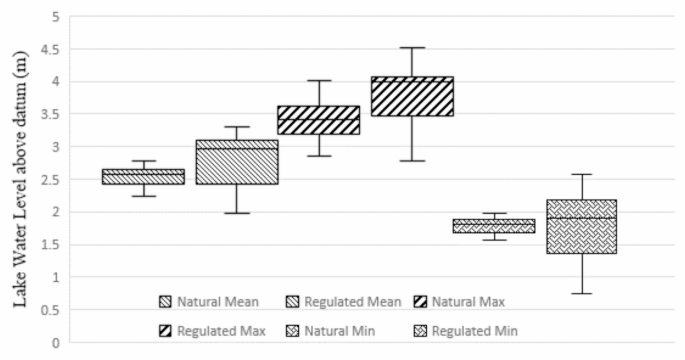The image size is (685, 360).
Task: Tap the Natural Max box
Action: tap(319, 120)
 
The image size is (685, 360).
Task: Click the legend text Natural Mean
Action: tap(218, 301)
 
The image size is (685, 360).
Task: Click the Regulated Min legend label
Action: tap(475, 329)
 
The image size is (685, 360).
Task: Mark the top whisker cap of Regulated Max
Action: tap(412, 47)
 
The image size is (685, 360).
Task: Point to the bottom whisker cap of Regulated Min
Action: tap(581, 293)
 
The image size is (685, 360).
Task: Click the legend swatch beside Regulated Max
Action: tap(166, 329)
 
